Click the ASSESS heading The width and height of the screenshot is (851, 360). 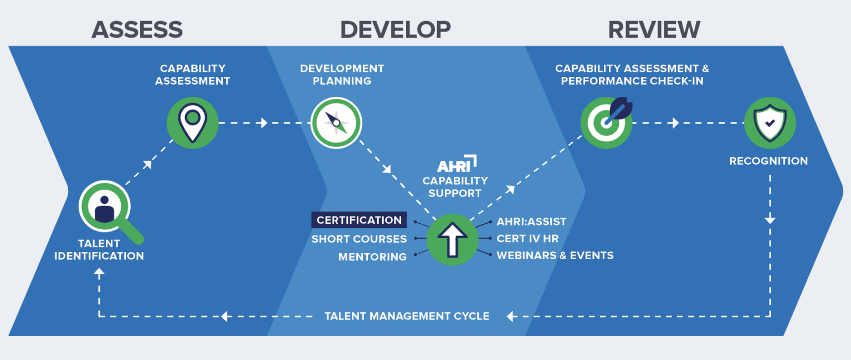(137, 29)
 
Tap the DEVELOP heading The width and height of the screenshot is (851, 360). (395, 29)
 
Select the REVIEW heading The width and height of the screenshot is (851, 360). (654, 29)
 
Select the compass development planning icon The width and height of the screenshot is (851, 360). (336, 123)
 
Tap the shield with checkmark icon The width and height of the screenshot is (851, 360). (770, 123)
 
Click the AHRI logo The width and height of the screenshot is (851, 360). (457, 164)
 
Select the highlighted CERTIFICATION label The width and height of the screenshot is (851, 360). (359, 220)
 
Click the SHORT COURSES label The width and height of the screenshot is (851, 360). (359, 239)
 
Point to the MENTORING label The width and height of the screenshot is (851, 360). (372, 257)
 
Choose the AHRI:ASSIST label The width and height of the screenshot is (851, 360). (531, 222)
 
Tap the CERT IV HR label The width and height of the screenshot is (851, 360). (527, 239)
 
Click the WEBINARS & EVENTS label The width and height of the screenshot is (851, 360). (555, 255)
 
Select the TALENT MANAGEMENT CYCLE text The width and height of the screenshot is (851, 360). (407, 316)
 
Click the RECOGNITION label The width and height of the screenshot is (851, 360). (768, 161)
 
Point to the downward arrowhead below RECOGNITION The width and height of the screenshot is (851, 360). (770, 220)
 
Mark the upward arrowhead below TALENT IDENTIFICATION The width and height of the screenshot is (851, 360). (99, 272)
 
